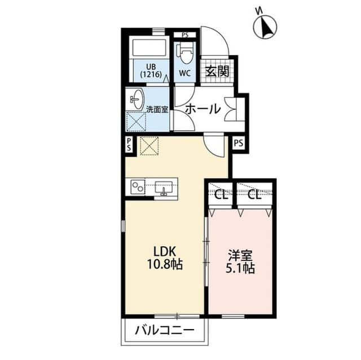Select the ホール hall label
202,109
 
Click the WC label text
185,73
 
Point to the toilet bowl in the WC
185,53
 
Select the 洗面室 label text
157,109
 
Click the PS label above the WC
184,35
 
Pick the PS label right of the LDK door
238,143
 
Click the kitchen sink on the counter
163,186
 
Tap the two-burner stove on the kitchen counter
138,186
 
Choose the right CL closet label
254,195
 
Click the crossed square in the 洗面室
136,121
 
